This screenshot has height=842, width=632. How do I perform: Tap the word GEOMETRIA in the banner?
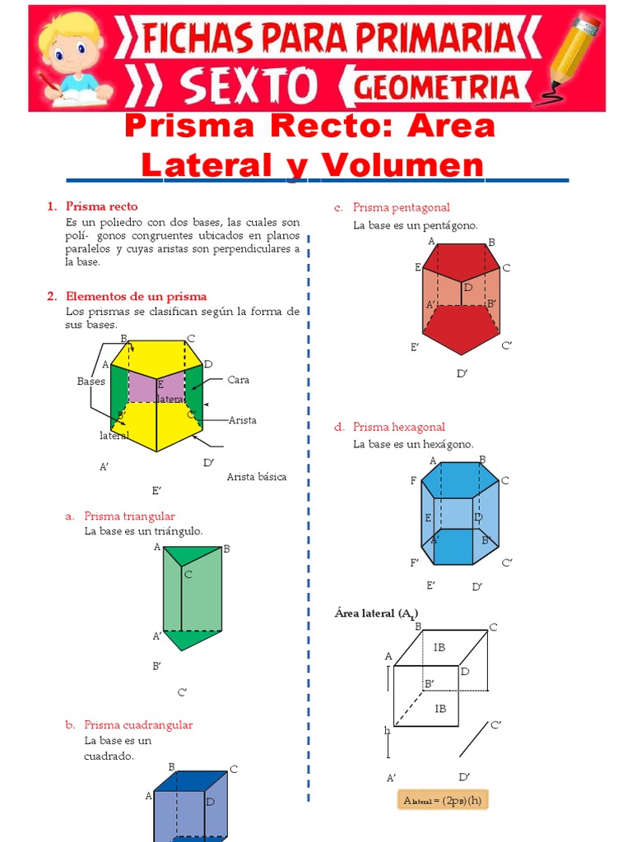(x=437, y=87)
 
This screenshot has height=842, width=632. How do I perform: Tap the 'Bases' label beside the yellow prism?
(x=91, y=382)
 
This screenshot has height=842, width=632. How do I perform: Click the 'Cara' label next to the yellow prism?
(x=239, y=380)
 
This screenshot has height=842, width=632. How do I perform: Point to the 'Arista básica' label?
(x=257, y=477)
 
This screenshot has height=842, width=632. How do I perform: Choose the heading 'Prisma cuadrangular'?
(x=138, y=725)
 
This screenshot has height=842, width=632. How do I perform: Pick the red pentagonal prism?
(x=461, y=296)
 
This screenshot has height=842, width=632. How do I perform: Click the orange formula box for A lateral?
(x=444, y=800)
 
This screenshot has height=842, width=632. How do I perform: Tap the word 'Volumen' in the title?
(x=402, y=165)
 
